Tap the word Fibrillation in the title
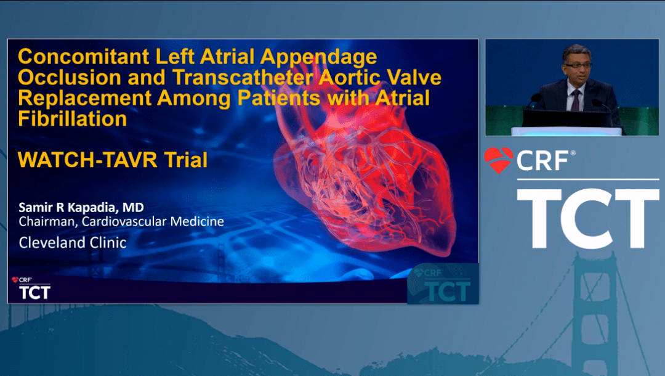click(73, 118)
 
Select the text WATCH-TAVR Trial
click(113, 160)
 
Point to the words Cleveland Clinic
click(72, 242)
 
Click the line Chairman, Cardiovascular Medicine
click(121, 221)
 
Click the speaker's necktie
click(575, 99)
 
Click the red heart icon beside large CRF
click(498, 160)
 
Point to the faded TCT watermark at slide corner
click(443, 285)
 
